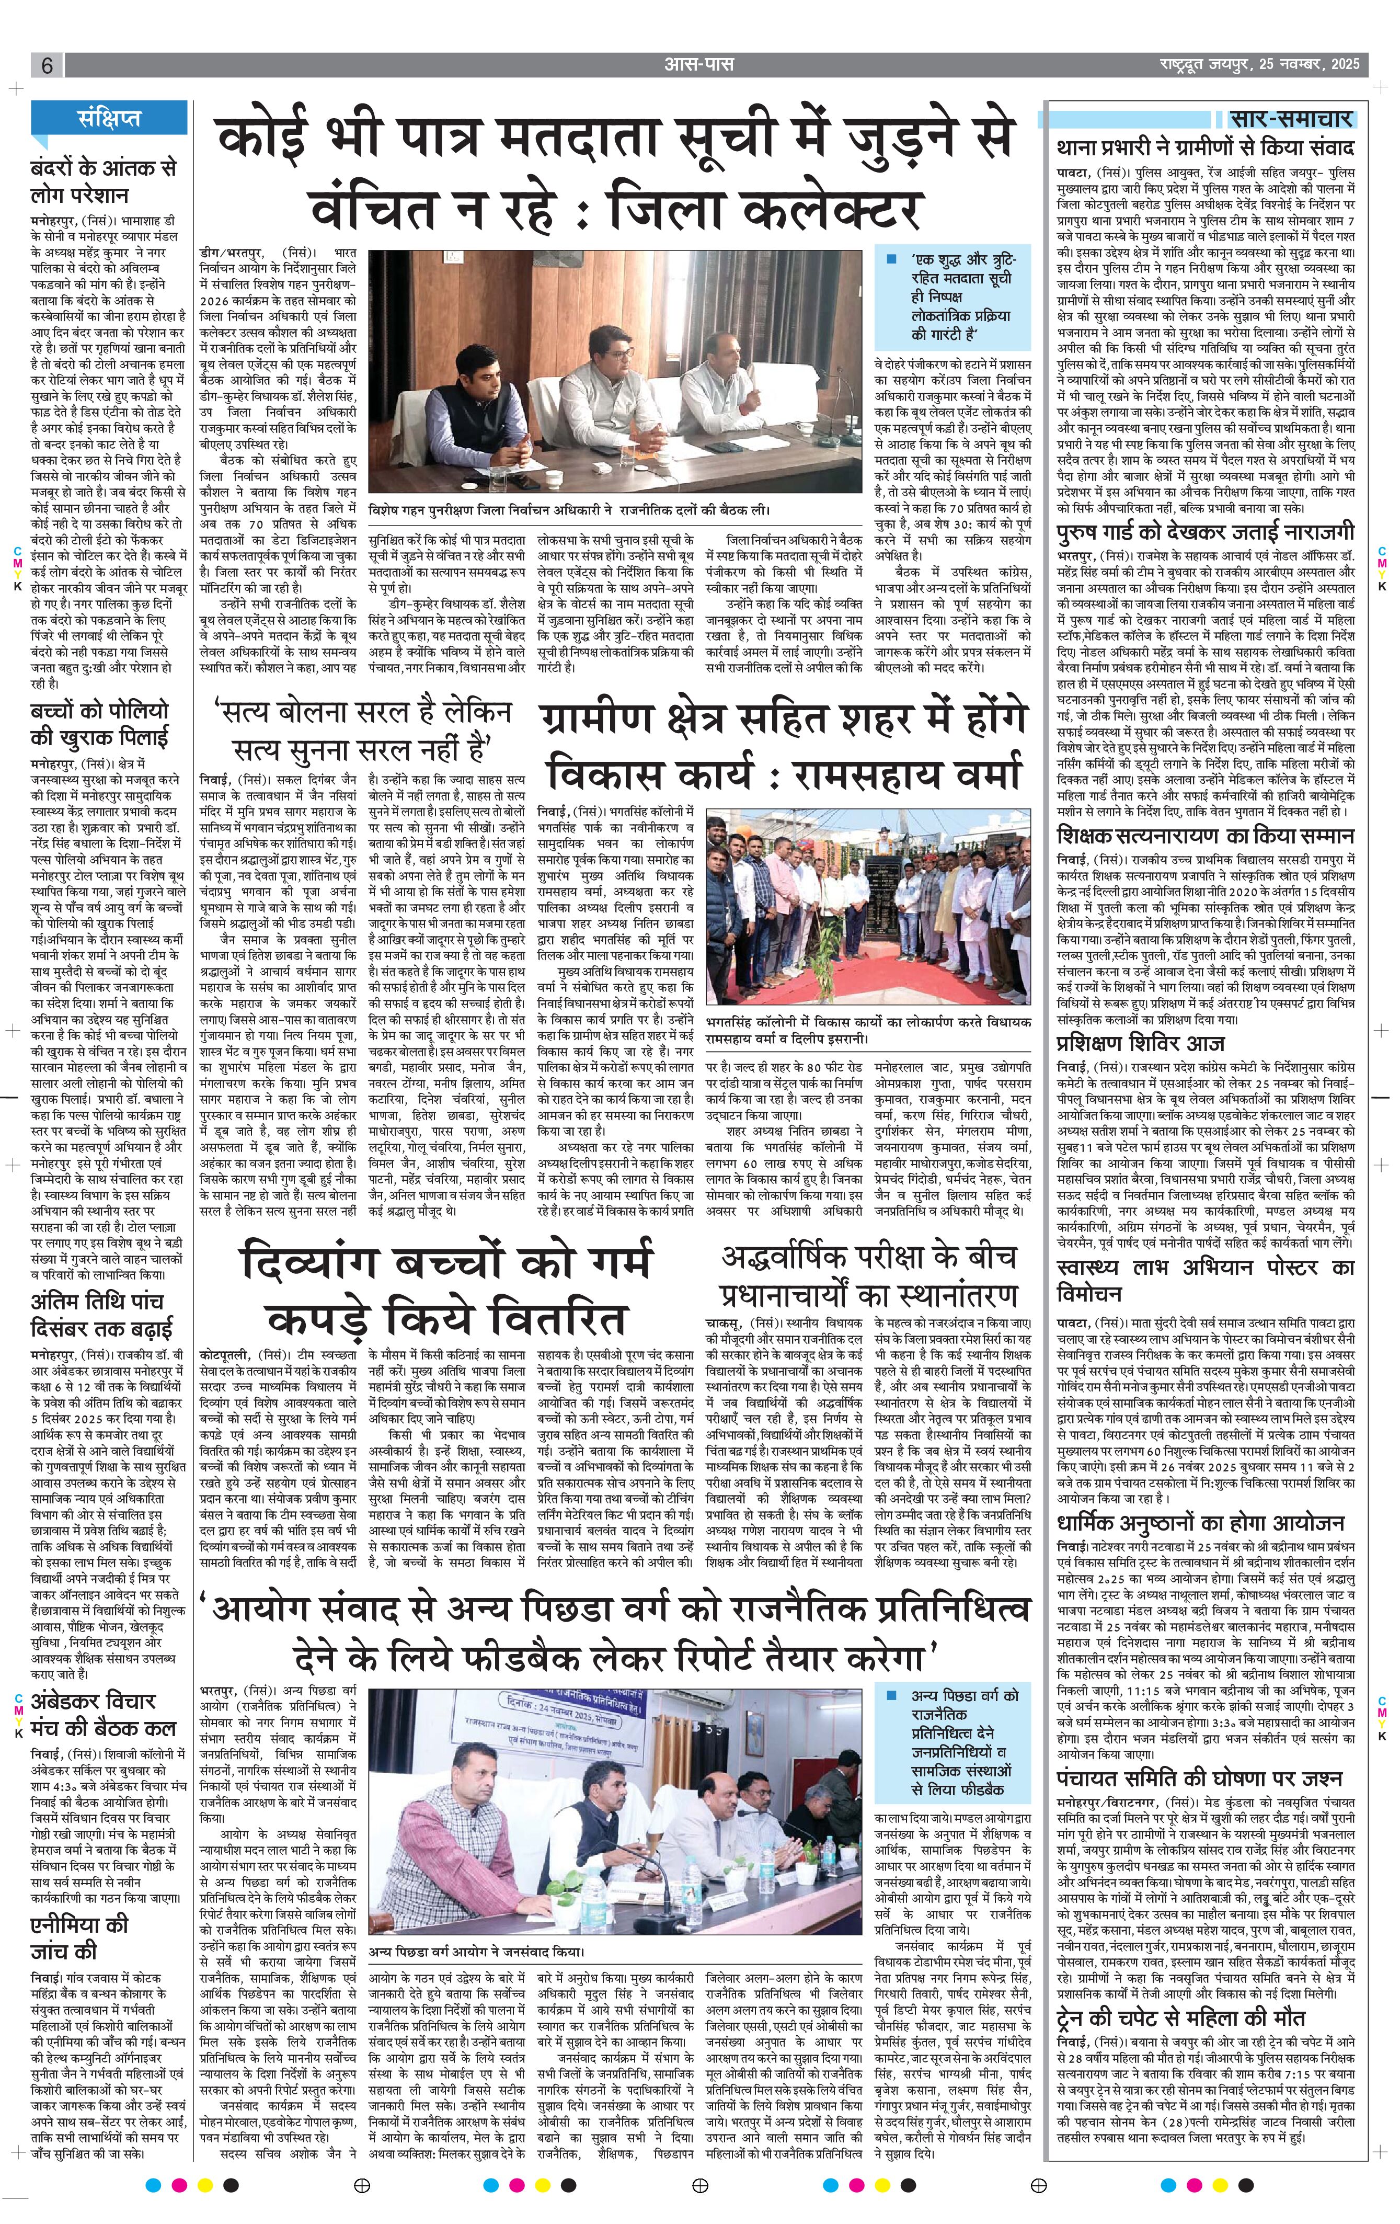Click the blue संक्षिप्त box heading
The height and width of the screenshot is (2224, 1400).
(109, 118)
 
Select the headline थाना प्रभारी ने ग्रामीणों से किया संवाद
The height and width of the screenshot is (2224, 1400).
(1205, 148)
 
